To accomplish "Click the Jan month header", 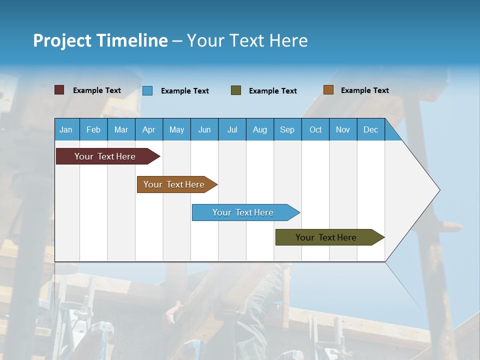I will (x=66, y=129).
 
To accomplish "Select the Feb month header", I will (x=93, y=129).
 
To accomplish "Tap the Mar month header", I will (x=121, y=129).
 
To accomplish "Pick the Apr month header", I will (x=149, y=129).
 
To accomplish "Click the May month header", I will (x=176, y=129).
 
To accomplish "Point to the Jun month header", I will (x=204, y=129).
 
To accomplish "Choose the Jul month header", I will (x=232, y=129).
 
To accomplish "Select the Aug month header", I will (x=260, y=129).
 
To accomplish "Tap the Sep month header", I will (x=287, y=129).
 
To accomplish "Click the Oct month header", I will (x=315, y=129).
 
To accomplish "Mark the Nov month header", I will (x=343, y=129).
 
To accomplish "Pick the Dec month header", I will (x=371, y=129).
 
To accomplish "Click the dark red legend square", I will (x=59, y=90).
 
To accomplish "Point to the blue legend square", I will (x=147, y=90).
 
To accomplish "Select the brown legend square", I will (x=328, y=90).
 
